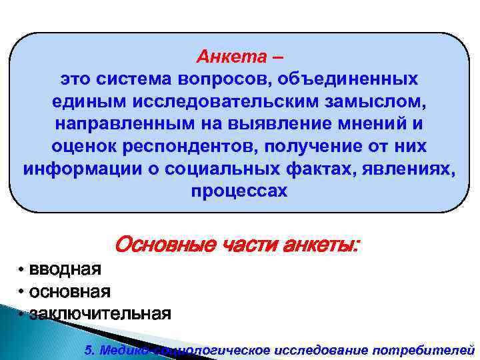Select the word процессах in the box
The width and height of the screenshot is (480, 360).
point(239,191)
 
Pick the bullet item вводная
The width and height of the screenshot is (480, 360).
point(64,269)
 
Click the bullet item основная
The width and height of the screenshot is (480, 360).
point(69,291)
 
